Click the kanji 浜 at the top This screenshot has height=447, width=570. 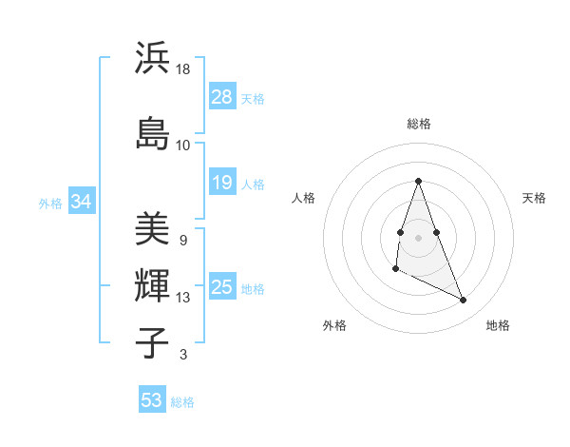click(152, 58)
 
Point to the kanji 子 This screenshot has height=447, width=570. click(152, 342)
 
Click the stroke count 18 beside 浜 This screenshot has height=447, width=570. click(183, 70)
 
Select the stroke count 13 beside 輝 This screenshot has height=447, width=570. click(183, 298)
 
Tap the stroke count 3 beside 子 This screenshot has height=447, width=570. click(182, 356)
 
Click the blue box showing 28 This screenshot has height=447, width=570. click(221, 97)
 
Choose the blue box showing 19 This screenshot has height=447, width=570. click(221, 183)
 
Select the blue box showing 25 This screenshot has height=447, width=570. click(221, 287)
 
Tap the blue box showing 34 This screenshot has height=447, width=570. click(81, 202)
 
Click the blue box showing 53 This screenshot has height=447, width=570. click(152, 400)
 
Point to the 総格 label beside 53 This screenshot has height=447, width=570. click(182, 402)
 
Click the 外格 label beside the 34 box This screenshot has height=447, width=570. click(50, 203)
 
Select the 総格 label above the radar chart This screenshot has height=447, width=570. click(418, 124)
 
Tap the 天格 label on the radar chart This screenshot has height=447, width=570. click(534, 198)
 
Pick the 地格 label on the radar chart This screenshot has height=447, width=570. click(498, 325)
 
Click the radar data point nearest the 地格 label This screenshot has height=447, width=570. click(464, 301)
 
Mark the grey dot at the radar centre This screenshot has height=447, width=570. click(418, 237)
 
